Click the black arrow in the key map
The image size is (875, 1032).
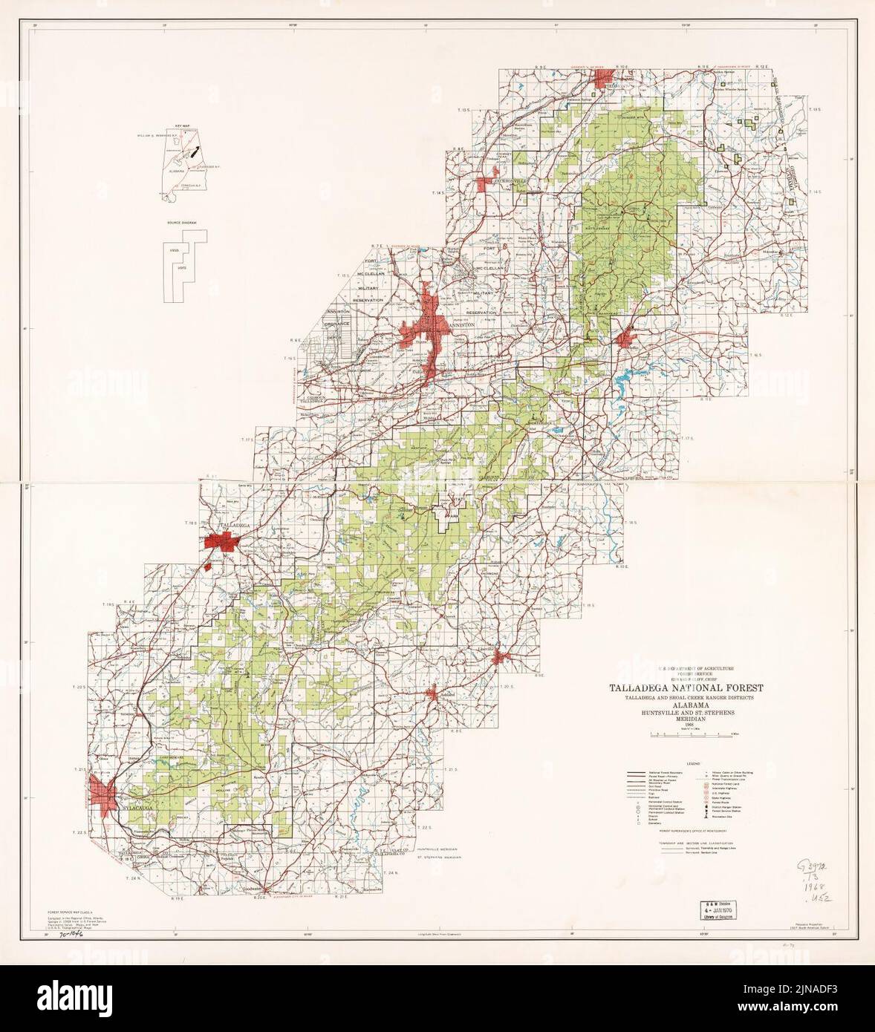pyautogui.click(x=195, y=152)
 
